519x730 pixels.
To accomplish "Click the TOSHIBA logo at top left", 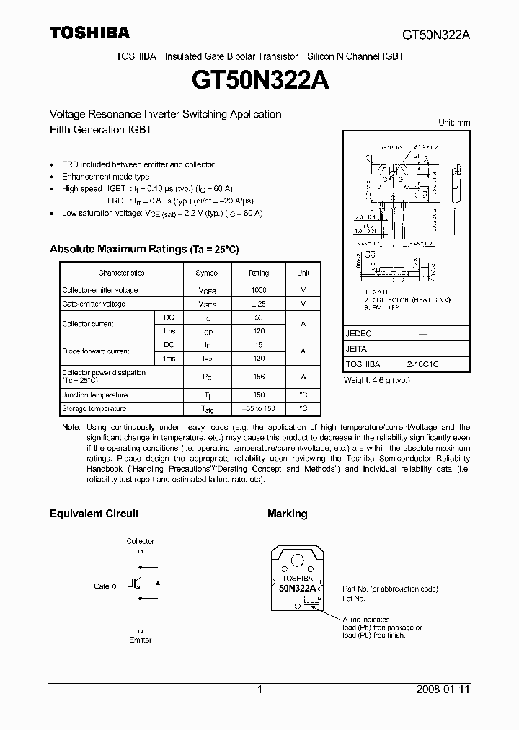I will pos(89,32).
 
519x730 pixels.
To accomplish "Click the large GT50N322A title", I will pos(260,80).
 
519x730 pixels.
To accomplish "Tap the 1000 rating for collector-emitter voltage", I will pos(258,290).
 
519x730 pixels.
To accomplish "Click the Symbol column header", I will pos(207,273).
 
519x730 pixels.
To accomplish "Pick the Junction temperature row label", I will pos(95,395).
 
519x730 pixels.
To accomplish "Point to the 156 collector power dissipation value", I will pos(258,377).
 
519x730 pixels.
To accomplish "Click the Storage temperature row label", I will pos(94,409).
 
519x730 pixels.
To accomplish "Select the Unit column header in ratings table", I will pos(303,273).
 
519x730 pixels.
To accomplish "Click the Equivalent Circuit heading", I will pos(94,514).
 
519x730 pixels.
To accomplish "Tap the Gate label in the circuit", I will pos(101,586).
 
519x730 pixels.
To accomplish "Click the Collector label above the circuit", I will pos(141,541).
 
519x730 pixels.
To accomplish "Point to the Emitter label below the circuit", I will pos(141,640).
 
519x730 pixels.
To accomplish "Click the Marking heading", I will pos(287,514).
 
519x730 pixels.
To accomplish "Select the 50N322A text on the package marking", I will pos(297,589).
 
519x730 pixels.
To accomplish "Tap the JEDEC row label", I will pos(358,334).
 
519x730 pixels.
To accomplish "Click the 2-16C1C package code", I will pos(422,365).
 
